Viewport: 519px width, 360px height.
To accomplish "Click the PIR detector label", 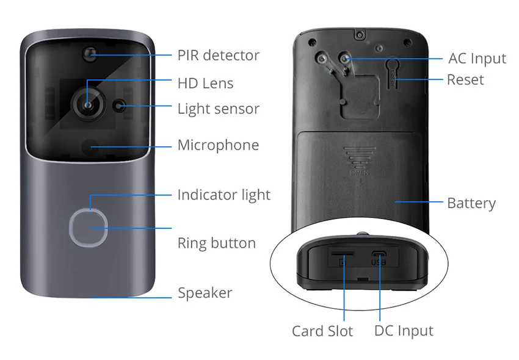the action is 218,56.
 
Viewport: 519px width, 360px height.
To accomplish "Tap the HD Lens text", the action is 205,83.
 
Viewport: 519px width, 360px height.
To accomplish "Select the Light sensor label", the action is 218,109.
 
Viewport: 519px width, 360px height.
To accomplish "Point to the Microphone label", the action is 218,145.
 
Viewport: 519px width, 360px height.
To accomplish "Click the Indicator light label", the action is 223,195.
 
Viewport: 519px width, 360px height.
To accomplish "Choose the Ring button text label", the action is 217,243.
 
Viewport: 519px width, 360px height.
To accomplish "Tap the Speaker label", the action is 205,293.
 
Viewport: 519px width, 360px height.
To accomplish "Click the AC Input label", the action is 477,59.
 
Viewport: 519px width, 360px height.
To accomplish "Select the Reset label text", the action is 465,80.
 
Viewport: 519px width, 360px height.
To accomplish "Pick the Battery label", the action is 471,203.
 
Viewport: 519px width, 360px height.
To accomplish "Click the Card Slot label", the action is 322,331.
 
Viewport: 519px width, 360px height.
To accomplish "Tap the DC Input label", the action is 404,331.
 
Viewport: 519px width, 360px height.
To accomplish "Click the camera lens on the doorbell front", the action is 88,104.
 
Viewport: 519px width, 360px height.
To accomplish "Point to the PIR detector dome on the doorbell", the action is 90,54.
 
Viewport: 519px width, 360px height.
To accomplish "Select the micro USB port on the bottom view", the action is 379,254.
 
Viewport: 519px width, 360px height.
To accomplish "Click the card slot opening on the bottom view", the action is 343,253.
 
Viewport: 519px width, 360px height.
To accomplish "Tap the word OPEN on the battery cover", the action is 360,173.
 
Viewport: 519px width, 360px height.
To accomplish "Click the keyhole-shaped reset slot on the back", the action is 393,73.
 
